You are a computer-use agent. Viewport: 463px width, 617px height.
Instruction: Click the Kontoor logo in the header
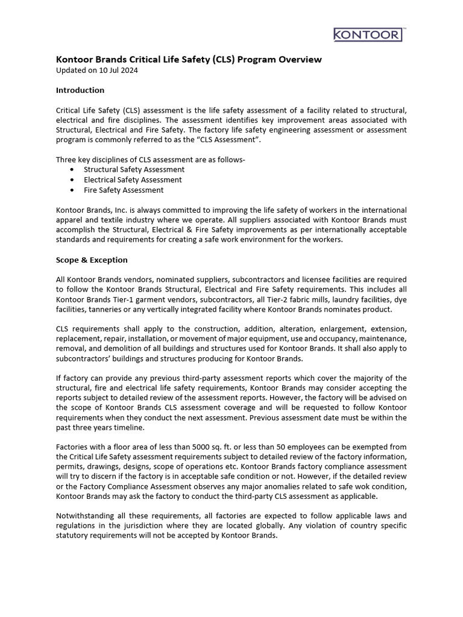(367, 34)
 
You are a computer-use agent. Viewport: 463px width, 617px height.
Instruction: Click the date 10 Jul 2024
(117, 70)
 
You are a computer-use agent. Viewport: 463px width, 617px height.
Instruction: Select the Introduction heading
(80, 90)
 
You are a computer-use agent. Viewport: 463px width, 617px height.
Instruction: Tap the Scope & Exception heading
(92, 260)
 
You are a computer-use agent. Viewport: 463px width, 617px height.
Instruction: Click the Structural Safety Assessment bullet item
(134, 169)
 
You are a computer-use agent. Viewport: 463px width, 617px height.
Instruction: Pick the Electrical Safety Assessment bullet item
(133, 180)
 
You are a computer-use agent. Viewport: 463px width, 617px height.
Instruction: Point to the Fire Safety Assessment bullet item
(124, 190)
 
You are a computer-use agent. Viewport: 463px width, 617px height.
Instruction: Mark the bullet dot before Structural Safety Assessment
(72, 170)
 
